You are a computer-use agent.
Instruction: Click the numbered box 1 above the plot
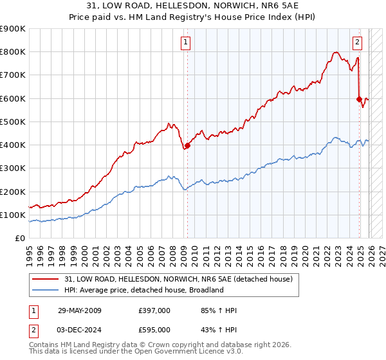(186, 43)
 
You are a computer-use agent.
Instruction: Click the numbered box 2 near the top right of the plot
(357, 43)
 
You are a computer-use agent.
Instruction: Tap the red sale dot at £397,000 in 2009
(187, 146)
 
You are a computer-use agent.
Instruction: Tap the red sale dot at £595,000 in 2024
(359, 99)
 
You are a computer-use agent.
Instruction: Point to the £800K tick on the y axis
(13, 52)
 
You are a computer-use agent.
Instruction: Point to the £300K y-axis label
(13, 168)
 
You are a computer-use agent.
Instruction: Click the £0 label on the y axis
(19, 239)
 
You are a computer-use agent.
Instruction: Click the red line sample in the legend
(46, 279)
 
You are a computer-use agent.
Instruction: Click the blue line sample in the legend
(46, 290)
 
